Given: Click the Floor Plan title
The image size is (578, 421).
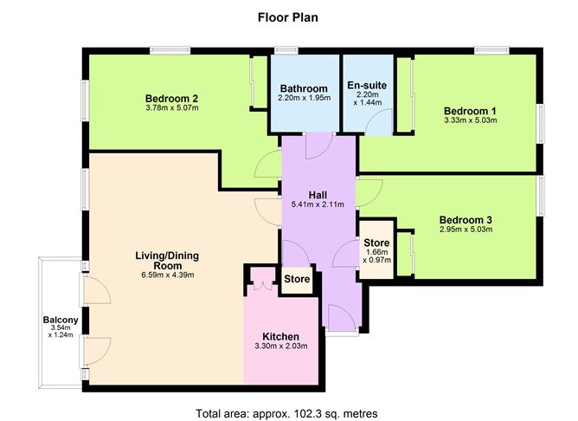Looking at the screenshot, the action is point(288,17).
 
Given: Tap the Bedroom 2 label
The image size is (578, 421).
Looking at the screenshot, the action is point(172,99).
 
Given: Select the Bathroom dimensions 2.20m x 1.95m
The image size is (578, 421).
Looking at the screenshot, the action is point(304,98).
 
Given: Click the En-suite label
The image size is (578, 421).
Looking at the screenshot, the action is point(367,85).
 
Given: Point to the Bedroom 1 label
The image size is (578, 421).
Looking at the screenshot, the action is point(470,111).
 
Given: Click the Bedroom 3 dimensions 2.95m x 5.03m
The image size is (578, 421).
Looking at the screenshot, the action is point(466,230).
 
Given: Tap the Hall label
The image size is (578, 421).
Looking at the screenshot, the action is point(318,195).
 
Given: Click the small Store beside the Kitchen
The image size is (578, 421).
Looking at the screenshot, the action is point(297,279).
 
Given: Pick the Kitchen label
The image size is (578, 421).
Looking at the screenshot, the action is point(281,336).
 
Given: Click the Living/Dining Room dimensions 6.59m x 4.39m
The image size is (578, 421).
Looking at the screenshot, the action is point(168,275).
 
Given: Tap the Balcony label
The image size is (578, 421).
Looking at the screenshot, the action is point(61,320).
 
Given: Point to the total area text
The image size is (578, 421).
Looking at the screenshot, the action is point(286,413).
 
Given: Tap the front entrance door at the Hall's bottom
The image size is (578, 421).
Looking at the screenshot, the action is point(342,316).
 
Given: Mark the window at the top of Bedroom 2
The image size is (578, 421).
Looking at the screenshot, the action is point(170,50).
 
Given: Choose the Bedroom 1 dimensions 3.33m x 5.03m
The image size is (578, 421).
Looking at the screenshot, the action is point(471,120).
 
